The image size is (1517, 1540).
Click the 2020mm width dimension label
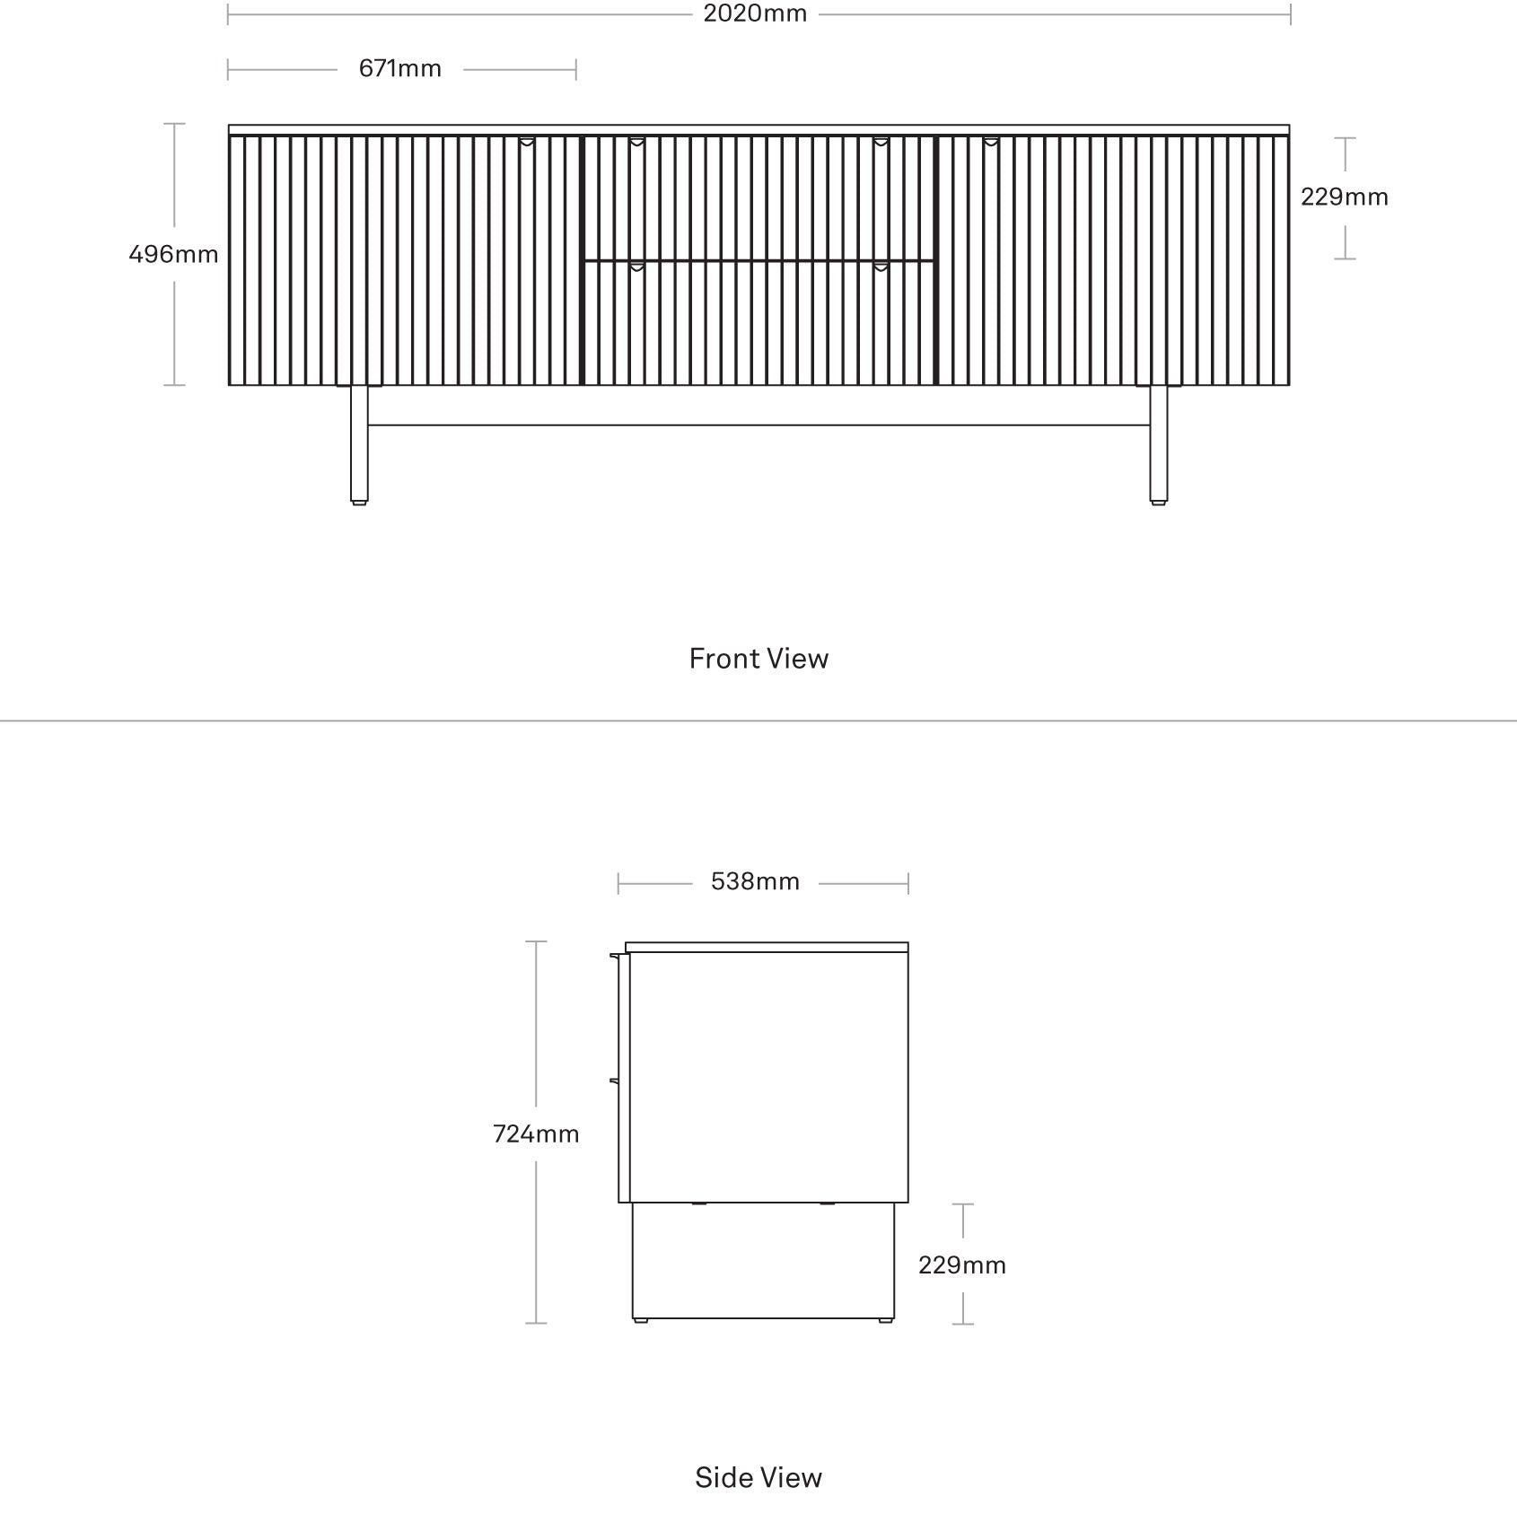755,13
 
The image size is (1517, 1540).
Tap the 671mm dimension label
400,69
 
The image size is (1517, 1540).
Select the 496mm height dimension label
173,255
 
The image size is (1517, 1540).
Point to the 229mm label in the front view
1345,197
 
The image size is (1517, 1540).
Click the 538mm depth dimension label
755,882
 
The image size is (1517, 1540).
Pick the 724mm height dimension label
536,1134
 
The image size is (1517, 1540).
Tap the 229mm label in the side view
962,1265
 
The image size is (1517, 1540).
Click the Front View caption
758,659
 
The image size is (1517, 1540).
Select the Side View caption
758,1478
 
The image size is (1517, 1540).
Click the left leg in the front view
359,445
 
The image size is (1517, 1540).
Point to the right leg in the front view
1159,445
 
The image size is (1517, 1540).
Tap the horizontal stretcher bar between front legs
759,424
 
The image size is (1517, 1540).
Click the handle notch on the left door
527,142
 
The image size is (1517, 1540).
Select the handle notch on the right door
990,142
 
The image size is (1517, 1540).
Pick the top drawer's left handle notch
636,142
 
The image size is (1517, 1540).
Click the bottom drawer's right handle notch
881,267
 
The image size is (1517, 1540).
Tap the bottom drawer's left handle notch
636,267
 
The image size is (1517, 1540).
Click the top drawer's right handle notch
881,142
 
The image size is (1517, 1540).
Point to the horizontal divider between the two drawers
759,260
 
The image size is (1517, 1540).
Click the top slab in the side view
767,947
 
